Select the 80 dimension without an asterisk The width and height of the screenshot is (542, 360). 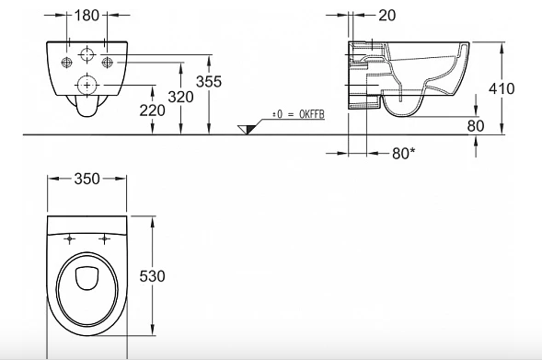coord(475,125)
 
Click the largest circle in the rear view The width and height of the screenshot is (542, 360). coord(87,84)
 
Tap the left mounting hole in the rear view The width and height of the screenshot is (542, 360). coord(67,63)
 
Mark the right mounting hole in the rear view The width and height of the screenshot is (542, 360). coord(108,63)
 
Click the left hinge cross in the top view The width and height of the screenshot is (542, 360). coord(70,238)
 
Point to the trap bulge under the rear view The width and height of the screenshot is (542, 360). coord(86,111)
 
